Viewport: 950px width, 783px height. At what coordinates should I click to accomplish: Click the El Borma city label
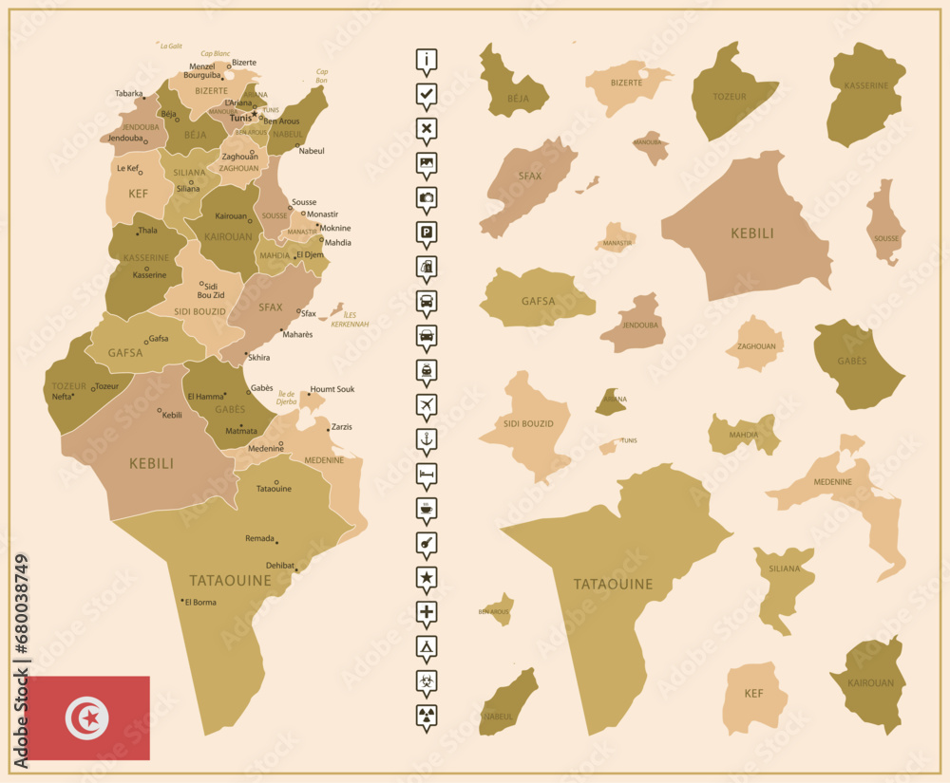coord(200,603)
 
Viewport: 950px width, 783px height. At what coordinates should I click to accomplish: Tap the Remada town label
coord(259,538)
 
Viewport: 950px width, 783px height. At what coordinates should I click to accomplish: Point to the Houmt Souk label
coord(332,389)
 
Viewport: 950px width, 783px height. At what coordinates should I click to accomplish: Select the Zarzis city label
coord(342,427)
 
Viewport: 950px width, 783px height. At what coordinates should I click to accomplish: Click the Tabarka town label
coord(128,94)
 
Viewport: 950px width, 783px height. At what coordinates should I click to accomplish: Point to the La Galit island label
coord(171,46)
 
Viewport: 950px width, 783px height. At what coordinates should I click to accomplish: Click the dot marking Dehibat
coord(296,570)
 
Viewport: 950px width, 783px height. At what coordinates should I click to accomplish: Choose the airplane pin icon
coord(427,404)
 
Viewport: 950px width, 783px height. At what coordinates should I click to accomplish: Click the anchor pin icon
coord(427,438)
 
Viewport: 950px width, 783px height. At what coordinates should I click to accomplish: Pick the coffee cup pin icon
coord(427,508)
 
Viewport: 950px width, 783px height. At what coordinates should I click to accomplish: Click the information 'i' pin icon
coord(427,60)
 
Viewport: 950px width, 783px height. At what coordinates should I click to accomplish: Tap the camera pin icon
coord(427,197)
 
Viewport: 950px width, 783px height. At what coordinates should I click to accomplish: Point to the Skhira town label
coord(258,358)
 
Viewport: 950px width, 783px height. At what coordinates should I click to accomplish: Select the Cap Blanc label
coord(216,54)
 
